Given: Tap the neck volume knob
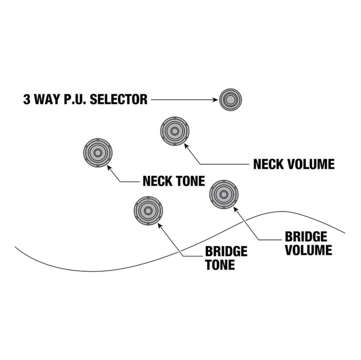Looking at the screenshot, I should coord(174,131).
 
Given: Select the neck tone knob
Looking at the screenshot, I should coord(97,153).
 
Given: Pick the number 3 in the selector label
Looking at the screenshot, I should coord(27,99).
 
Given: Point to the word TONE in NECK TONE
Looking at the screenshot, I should coord(190,181).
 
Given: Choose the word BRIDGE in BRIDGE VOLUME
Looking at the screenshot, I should coord(306,237).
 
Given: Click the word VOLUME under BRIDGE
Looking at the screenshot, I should coord(308,250).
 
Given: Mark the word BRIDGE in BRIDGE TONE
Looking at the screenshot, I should coord(226,251).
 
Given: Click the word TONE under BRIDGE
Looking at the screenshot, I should coord(220,265).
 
